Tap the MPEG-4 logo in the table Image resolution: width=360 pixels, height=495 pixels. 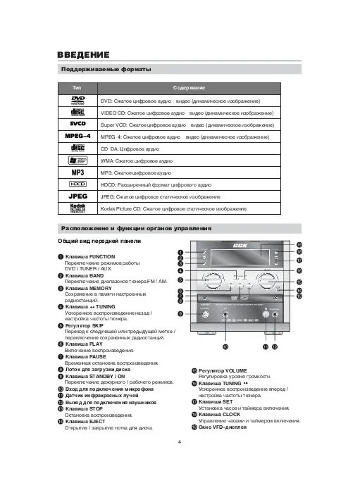click(x=77, y=135)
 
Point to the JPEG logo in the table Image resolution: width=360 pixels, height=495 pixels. click(x=77, y=196)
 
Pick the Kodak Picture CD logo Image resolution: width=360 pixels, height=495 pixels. click(x=77, y=209)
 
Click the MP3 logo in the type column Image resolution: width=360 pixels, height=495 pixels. click(x=77, y=172)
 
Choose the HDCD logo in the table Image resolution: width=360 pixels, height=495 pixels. click(x=77, y=184)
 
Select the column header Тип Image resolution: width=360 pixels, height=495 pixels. click(x=77, y=88)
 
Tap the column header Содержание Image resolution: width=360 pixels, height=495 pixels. click(x=189, y=88)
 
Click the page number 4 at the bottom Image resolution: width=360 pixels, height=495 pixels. click(x=180, y=441)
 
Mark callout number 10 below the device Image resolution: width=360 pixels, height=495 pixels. click(x=225, y=347)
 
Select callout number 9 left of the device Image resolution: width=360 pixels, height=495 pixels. click(x=180, y=313)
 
